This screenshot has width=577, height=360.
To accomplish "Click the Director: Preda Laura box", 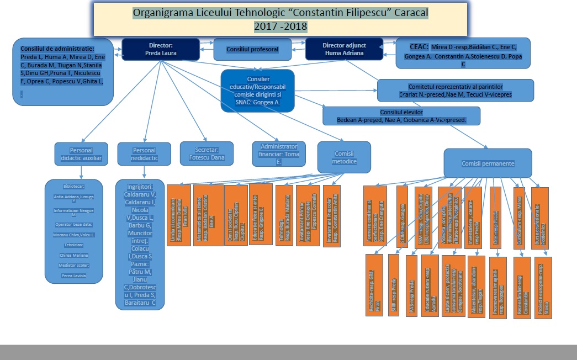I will tap(161, 49).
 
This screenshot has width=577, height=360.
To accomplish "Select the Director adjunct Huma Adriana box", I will tap(343, 49).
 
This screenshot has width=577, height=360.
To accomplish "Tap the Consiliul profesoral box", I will tap(252, 50).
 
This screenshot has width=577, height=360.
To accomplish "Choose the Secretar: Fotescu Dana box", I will tap(207, 153).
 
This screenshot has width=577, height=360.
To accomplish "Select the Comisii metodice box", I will tap(344, 157).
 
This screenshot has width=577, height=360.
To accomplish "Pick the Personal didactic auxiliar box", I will tap(81, 154).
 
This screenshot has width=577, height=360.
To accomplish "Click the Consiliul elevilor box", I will tap(401, 116).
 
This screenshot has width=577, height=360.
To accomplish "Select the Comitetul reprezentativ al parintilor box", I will tap(456, 91).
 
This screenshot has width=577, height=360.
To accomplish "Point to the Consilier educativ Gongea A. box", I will tap(258, 91).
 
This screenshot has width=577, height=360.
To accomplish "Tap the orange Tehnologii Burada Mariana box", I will tap(284, 213).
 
